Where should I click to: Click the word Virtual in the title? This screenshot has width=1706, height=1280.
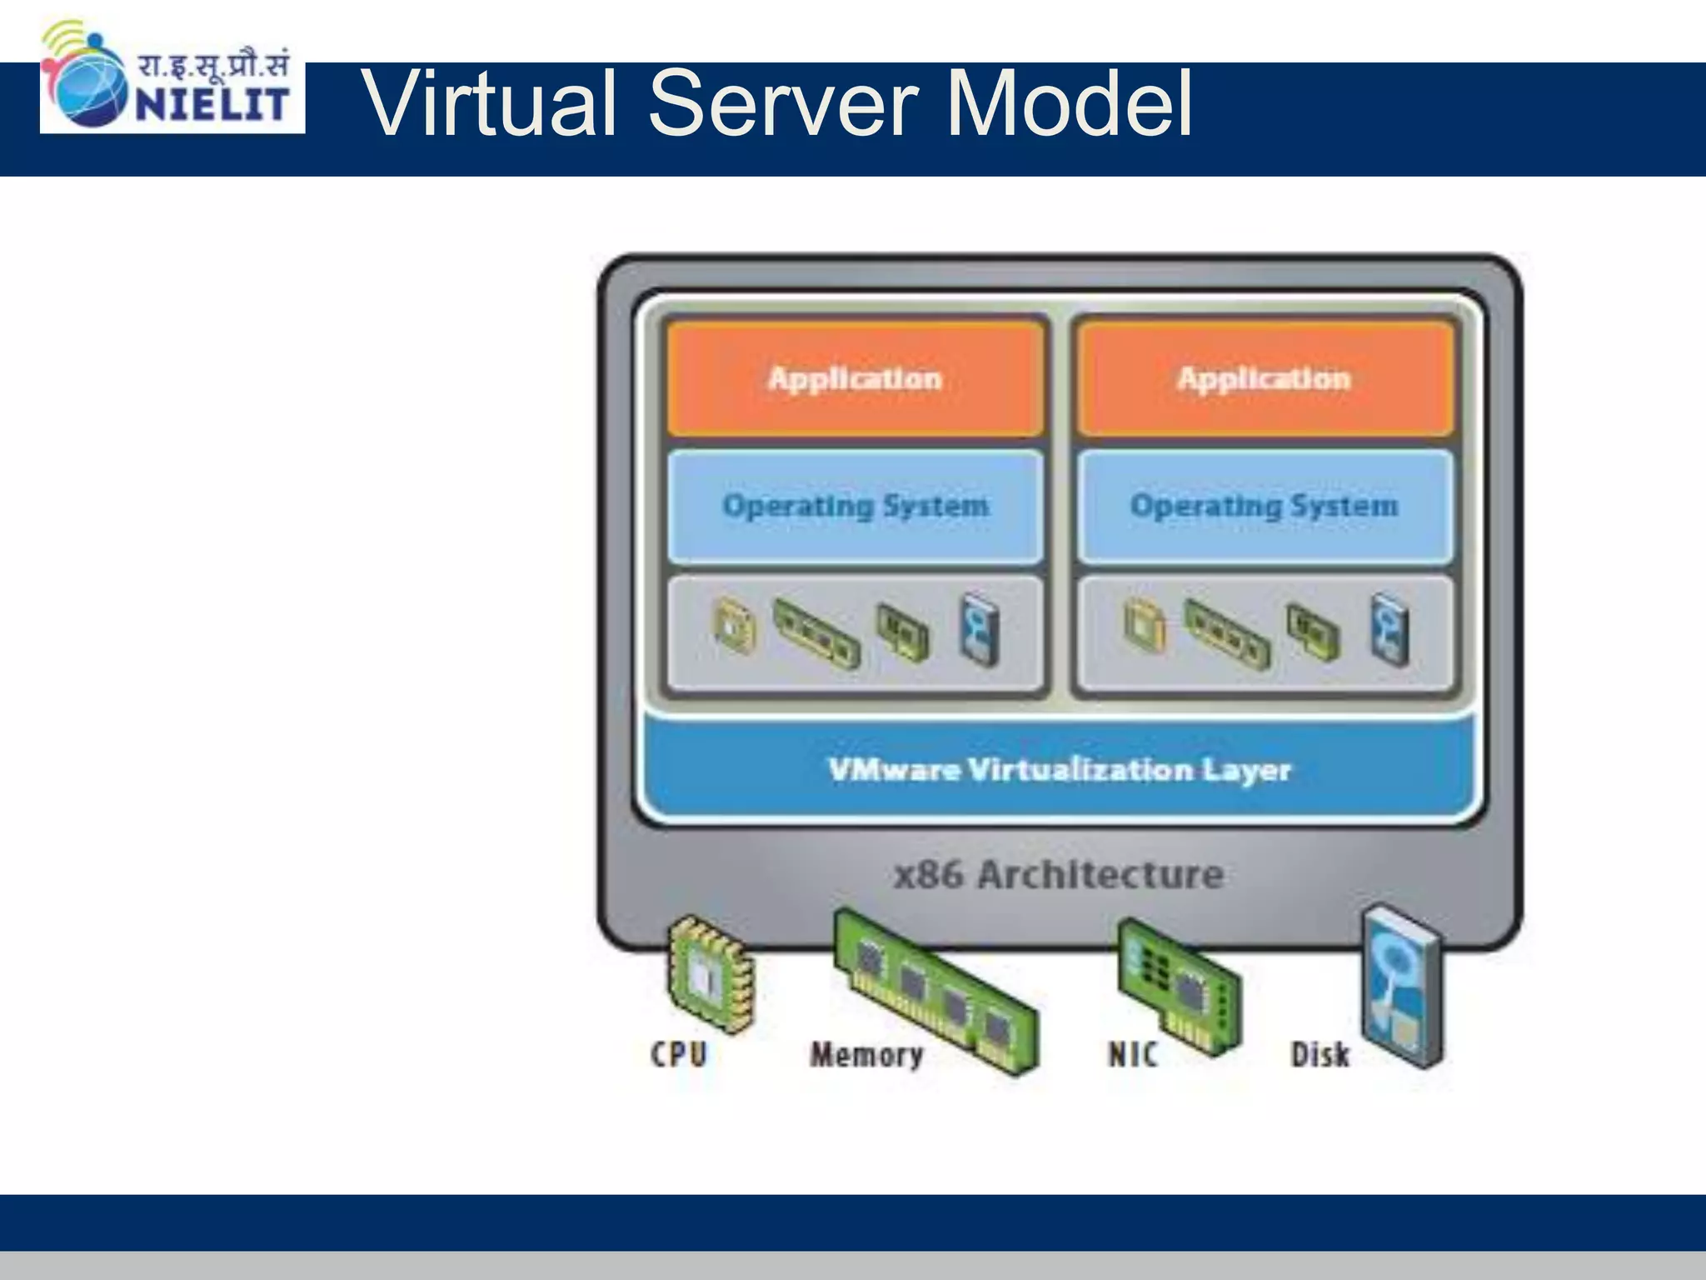(492, 104)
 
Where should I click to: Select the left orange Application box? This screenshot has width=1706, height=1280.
(855, 379)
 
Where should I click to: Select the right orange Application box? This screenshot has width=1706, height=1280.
(1264, 379)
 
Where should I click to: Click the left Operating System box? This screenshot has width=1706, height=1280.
(855, 506)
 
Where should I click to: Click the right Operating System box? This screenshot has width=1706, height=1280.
(1264, 506)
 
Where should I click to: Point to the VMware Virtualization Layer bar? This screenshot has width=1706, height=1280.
(1059, 769)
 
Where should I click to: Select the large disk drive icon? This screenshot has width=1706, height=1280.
(1401, 987)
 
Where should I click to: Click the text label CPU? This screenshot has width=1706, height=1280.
(679, 1054)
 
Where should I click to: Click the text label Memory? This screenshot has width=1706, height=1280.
(866, 1055)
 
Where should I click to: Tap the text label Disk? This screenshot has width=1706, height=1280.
(1319, 1055)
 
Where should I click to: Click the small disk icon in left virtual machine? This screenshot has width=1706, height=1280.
(978, 629)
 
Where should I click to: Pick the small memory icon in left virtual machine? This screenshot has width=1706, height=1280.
(816, 633)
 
